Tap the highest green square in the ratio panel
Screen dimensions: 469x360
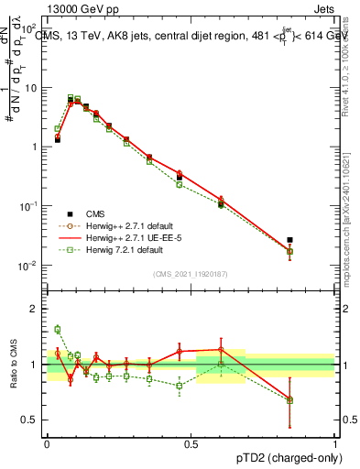[x=57, y=329]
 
